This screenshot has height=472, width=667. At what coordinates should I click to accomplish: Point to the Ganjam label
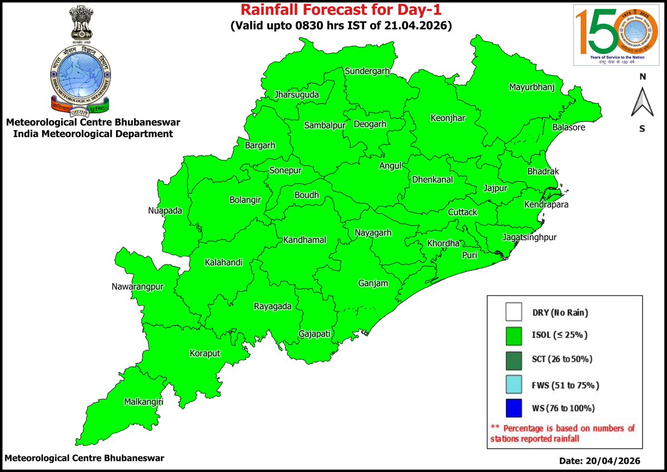click(x=372, y=284)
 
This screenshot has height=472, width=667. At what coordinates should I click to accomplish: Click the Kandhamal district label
click(x=304, y=240)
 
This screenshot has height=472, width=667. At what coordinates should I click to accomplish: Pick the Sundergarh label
click(x=367, y=72)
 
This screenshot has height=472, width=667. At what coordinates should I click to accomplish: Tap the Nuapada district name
click(x=166, y=211)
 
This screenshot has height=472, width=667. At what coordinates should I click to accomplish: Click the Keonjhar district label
click(x=448, y=118)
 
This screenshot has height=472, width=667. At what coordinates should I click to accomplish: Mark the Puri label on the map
click(x=470, y=255)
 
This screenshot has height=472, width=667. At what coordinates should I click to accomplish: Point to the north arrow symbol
click(x=642, y=103)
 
